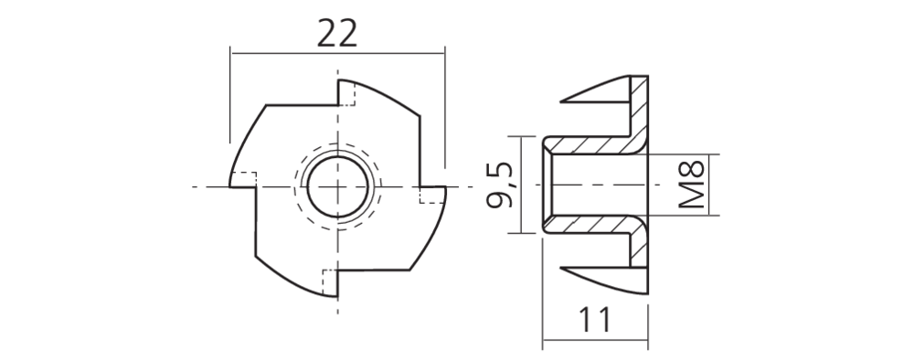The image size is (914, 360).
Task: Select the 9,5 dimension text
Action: [500, 185]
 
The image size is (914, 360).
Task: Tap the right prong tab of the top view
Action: [433, 195]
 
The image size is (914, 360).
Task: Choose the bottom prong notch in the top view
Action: [330, 281]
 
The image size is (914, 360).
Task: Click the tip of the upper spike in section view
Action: [564, 99]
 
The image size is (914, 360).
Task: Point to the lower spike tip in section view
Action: [564, 270]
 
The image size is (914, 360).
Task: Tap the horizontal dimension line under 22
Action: [337, 53]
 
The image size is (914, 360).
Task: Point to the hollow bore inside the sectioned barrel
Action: [594, 185]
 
